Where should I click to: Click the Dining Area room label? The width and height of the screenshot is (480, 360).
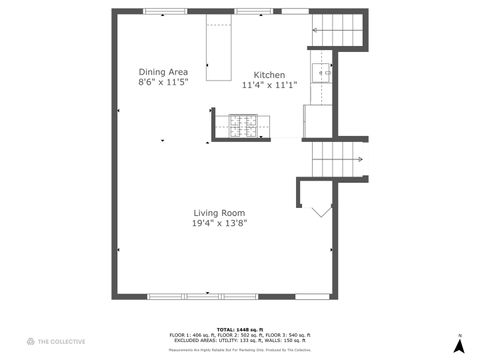[163, 72]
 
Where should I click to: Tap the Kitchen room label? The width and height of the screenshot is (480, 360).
[269, 75]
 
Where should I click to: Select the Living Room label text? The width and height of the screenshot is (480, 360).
[219, 212]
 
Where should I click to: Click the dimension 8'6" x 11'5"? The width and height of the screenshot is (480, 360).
[163, 83]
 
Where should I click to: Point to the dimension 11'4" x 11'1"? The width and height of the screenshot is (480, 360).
[269, 86]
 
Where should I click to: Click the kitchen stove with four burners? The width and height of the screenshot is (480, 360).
[242, 124]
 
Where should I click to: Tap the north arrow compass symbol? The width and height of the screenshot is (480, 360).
[459, 345]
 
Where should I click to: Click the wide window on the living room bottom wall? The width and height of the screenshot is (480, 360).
[201, 296]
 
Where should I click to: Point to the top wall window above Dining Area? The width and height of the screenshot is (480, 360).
[165, 11]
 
